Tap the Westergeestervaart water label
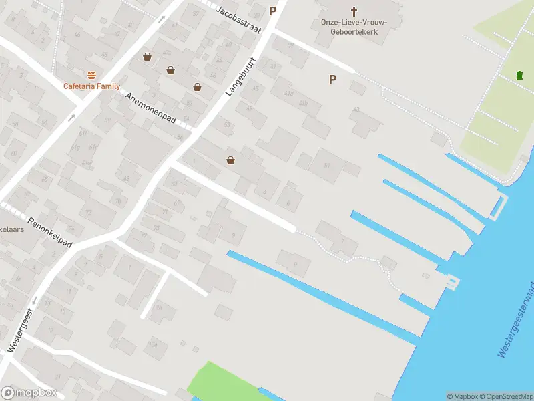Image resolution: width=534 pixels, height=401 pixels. pyautogui.click(x=517, y=319)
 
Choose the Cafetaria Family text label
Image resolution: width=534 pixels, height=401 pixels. pyautogui.click(x=91, y=86)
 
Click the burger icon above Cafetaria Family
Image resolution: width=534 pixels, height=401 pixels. pyautogui.click(x=91, y=75)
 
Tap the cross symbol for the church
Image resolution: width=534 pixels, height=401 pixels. pyautogui.click(x=354, y=11)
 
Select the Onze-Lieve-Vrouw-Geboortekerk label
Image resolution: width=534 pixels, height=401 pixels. pyautogui.click(x=354, y=27)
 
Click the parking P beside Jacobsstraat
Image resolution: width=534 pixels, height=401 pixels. pyautogui.click(x=272, y=11)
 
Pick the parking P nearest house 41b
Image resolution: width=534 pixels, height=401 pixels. pyautogui.click(x=332, y=79)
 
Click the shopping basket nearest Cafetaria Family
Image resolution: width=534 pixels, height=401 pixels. pyautogui.click(x=147, y=57)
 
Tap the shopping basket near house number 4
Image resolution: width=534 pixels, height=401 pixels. pyautogui.click(x=231, y=160)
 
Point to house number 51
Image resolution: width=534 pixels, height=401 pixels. pyautogui.click(x=326, y=166)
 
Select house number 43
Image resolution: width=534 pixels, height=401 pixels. pyautogui.click(x=356, y=109)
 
